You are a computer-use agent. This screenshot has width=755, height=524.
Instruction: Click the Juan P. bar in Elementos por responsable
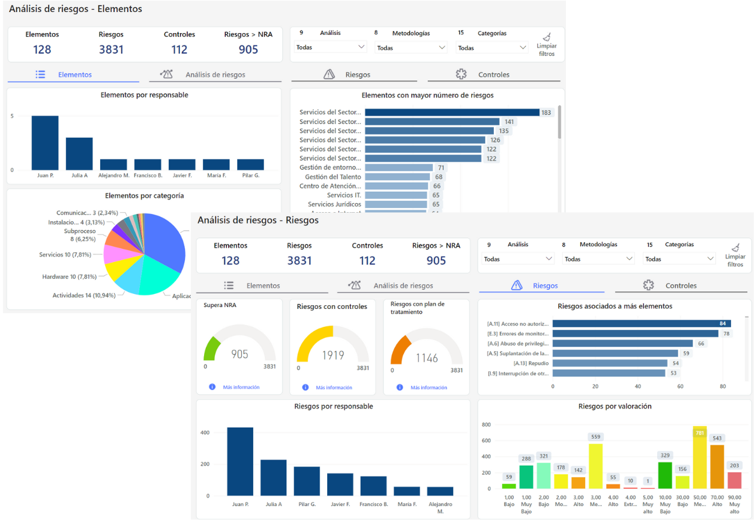pos(45,143)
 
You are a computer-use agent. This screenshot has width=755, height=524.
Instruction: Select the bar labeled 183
pos(452,112)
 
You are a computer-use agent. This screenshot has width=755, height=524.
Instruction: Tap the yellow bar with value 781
pos(699,458)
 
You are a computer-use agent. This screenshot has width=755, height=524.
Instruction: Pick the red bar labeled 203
pos(734,480)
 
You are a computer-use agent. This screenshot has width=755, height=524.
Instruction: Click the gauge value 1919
pos(332,355)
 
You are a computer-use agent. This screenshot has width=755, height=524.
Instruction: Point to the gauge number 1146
pos(427,358)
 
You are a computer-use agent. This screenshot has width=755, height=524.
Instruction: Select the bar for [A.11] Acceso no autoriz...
pos(641,324)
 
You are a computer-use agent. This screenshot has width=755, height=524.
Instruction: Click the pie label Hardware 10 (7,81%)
pos(70,277)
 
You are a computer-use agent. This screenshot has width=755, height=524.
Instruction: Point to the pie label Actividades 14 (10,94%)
pos(83,296)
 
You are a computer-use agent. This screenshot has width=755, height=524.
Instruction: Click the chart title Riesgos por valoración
pos(615,406)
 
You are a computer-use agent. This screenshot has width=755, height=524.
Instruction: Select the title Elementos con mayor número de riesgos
pos(427,95)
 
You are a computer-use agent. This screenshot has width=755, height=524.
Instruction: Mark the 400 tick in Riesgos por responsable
pos(205,433)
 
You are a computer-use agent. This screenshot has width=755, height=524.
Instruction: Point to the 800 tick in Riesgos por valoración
pos(486,425)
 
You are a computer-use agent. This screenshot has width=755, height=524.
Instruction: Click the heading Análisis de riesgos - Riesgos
pos(258,221)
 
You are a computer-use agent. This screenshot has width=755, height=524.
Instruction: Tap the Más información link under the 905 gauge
pos(241,388)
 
